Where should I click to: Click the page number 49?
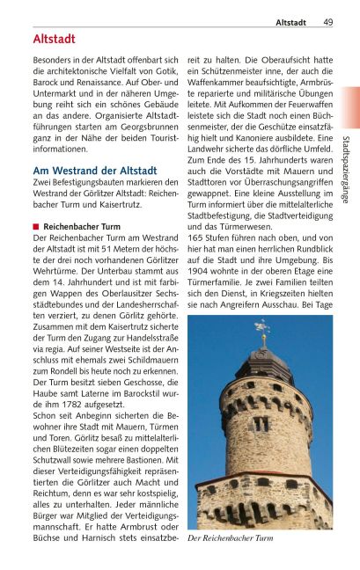[327, 22]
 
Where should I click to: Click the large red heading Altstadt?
[54, 40]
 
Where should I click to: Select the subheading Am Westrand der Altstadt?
[94, 170]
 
